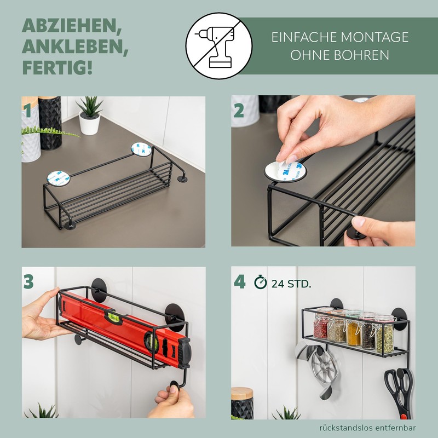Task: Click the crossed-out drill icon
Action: (x=219, y=46)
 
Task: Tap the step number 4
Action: (x=239, y=281)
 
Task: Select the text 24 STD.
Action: (x=291, y=284)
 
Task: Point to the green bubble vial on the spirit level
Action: (x=114, y=318)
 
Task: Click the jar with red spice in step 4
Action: (x=321, y=328)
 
